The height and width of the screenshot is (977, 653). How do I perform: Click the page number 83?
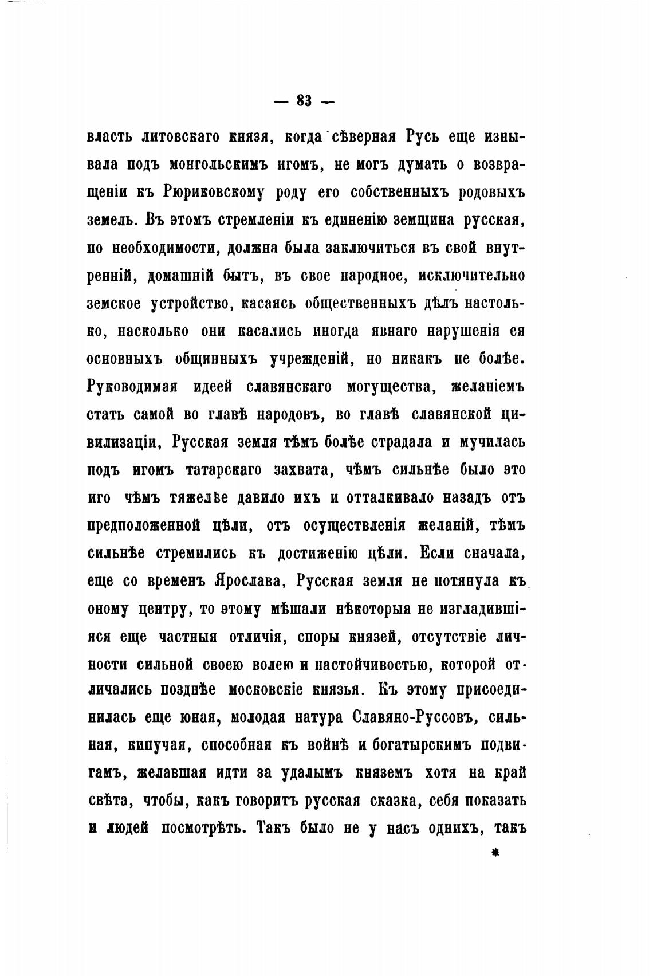tap(304, 101)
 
